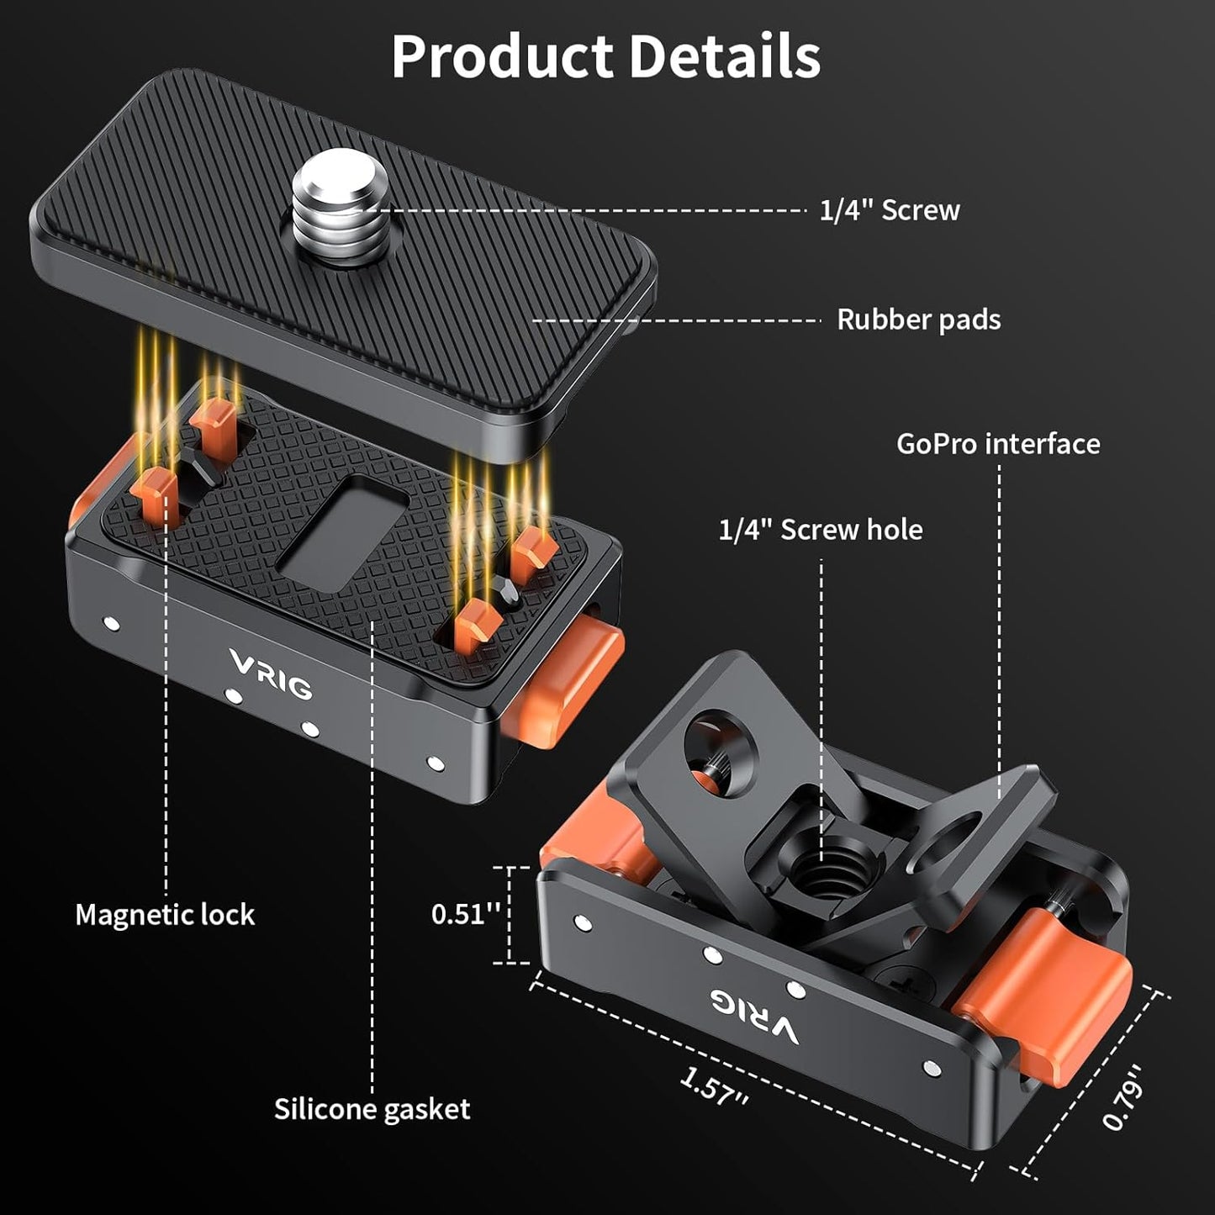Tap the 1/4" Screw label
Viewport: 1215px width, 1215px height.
[x=889, y=210]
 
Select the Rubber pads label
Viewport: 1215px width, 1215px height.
[x=918, y=320]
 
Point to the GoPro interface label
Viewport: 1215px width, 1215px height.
[x=998, y=444]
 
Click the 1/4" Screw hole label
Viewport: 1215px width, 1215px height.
[x=820, y=530]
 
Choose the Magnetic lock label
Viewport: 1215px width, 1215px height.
[x=165, y=915]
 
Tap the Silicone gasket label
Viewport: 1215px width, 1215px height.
[x=372, y=1109]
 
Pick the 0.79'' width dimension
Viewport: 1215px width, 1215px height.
[x=1124, y=1097]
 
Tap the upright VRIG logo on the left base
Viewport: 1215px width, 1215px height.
[x=271, y=674]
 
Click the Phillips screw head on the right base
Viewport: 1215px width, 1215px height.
[x=893, y=979]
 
